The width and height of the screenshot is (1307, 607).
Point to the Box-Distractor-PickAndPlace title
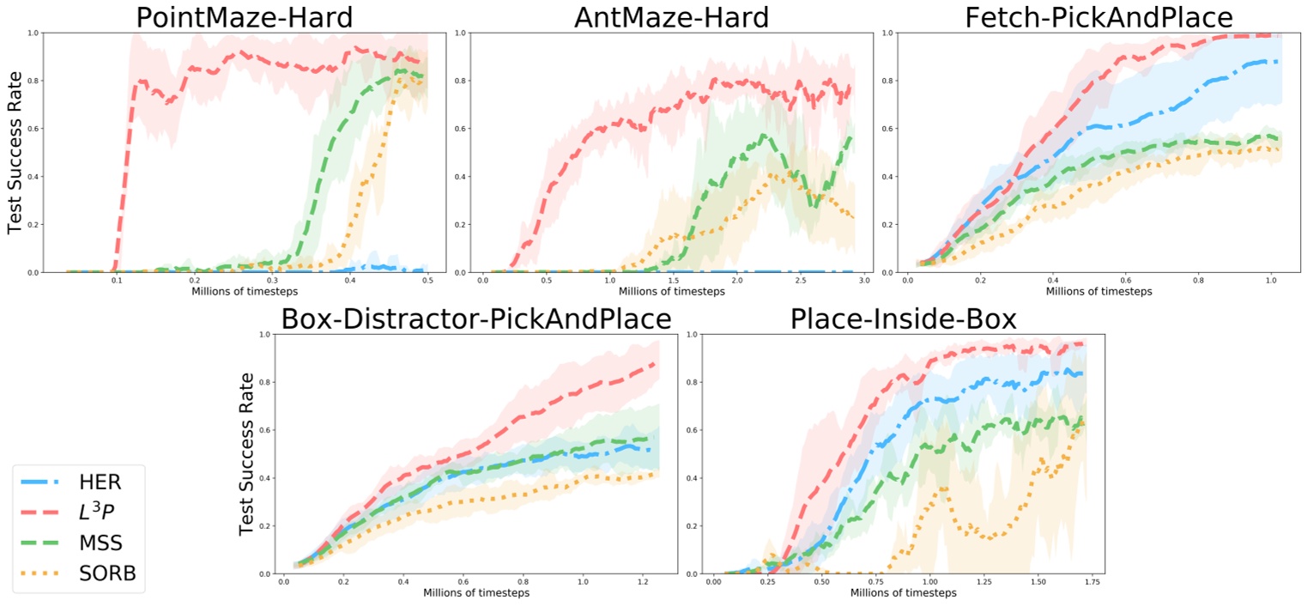tap(476, 319)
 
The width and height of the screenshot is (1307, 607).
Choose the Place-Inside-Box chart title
tap(903, 319)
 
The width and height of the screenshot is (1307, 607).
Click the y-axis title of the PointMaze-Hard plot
tap(15, 153)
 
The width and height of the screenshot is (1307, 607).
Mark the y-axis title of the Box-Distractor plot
tap(246, 454)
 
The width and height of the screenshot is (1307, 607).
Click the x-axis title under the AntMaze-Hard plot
tap(671, 291)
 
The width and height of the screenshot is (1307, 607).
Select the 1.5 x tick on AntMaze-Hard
tap(673, 280)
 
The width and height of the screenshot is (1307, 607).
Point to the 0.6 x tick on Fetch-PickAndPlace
tap(1124, 280)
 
